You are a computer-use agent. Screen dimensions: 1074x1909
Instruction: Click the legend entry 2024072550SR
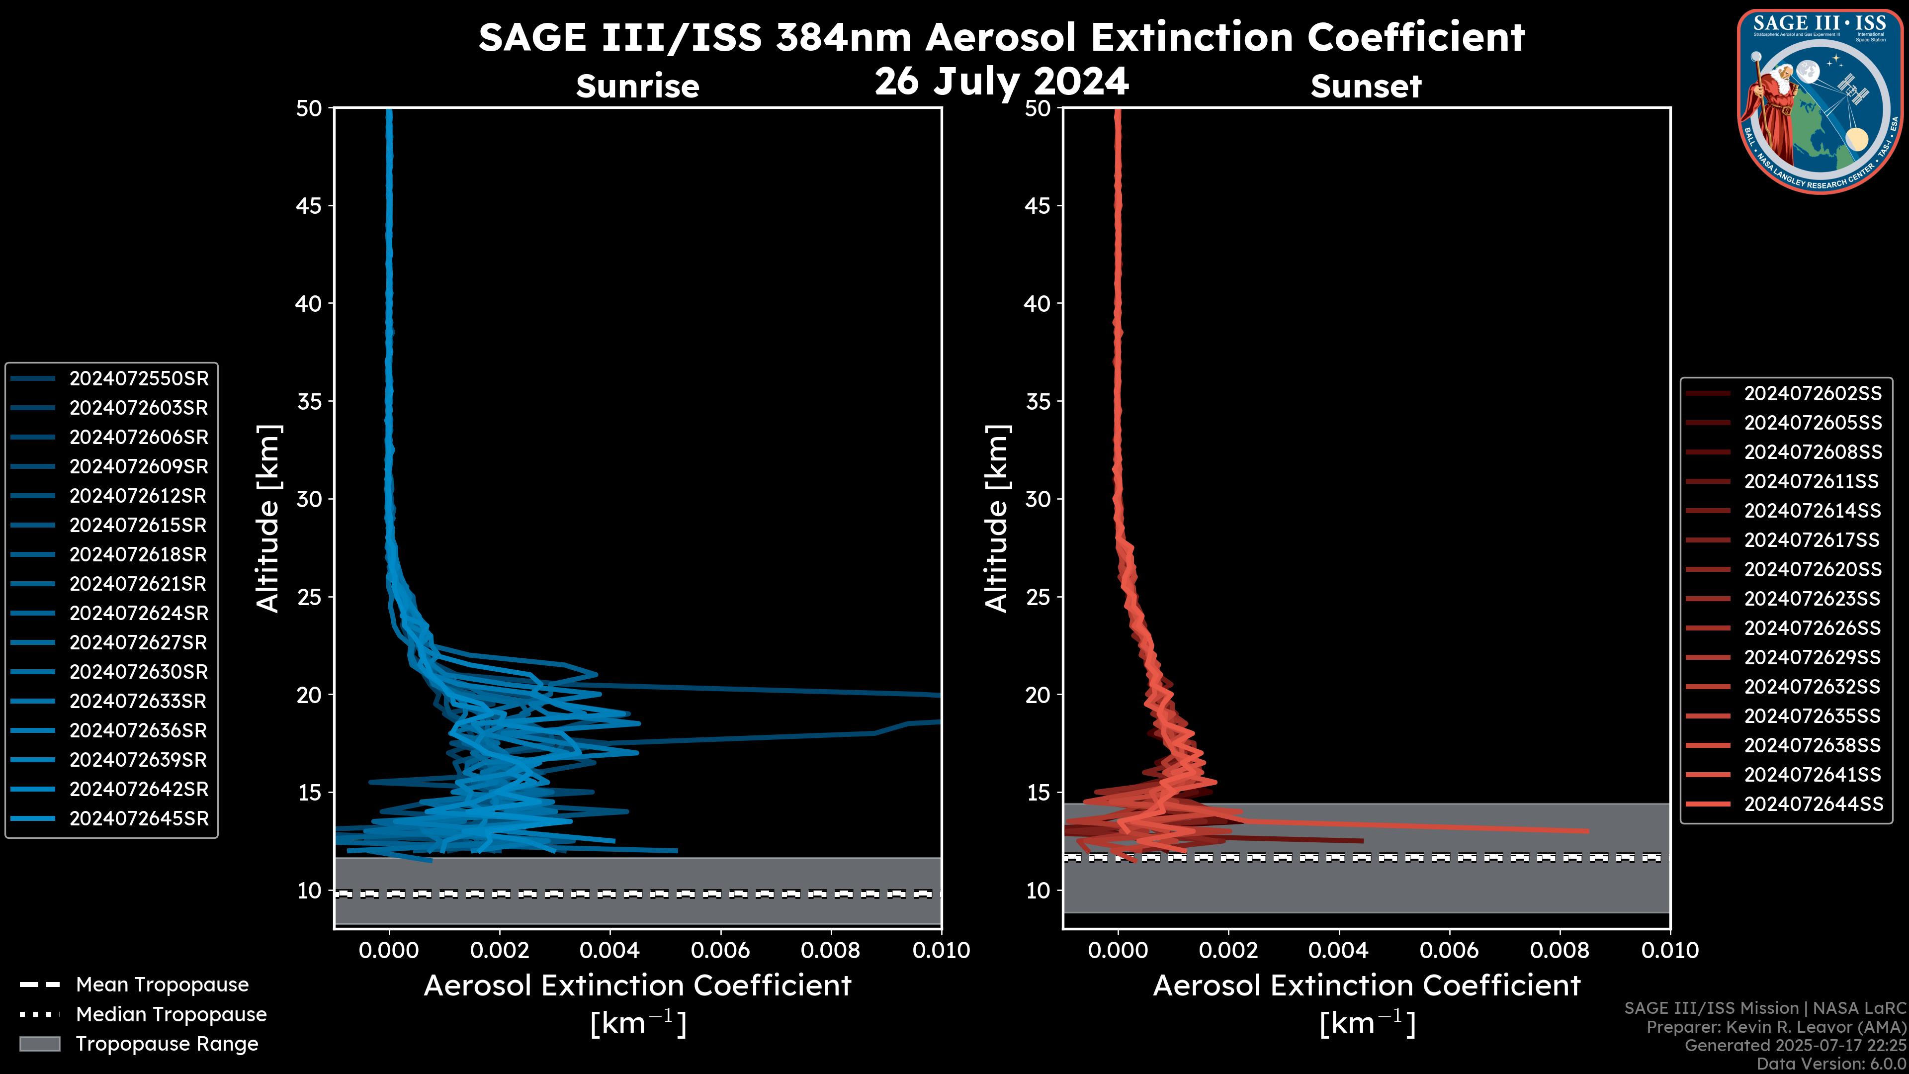(139, 379)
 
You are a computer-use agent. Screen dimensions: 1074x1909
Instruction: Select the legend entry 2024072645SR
(139, 819)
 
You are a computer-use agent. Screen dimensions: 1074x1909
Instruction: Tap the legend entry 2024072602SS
(1813, 394)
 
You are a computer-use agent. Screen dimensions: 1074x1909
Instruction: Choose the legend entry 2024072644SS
(1813, 804)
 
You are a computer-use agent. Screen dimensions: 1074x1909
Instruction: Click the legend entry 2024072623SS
(1812, 599)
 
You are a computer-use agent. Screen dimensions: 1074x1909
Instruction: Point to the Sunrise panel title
(637, 87)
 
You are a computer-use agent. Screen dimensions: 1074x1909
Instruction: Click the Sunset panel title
(1365, 87)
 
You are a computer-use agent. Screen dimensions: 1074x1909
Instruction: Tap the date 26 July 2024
(1001, 82)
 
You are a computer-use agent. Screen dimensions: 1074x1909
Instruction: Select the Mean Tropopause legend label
(162, 985)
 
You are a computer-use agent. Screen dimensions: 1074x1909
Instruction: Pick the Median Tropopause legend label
(171, 1015)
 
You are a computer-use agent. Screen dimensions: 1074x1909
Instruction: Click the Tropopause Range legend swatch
(39, 1044)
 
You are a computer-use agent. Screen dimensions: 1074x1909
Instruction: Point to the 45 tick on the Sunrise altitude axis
(309, 206)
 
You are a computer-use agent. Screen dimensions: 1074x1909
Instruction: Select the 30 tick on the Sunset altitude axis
(1038, 500)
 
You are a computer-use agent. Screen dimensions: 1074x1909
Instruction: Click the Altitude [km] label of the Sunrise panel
(268, 518)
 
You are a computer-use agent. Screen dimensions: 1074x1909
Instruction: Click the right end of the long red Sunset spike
(1587, 831)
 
